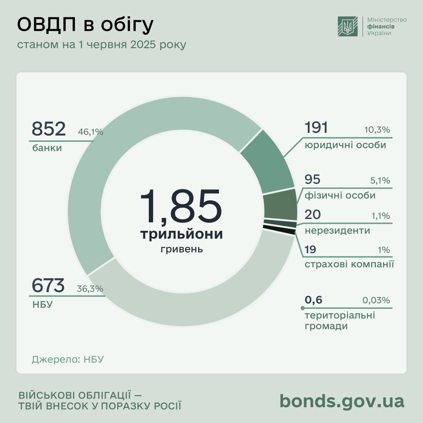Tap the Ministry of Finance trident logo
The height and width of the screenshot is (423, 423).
click(x=348, y=26)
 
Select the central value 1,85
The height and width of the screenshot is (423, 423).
click(x=181, y=207)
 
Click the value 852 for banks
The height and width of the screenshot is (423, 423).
click(x=49, y=129)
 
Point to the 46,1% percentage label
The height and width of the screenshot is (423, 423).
click(x=90, y=132)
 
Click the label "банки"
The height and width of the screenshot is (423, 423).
click(x=47, y=148)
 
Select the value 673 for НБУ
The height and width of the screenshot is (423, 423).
click(x=48, y=285)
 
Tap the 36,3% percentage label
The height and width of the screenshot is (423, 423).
click(x=90, y=289)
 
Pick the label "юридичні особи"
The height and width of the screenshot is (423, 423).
click(x=345, y=145)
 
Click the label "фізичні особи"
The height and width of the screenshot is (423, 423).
click(x=340, y=195)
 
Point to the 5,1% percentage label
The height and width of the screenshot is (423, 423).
click(x=380, y=181)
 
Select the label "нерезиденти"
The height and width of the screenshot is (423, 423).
click(x=337, y=231)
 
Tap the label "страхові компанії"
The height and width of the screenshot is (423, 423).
click(x=349, y=264)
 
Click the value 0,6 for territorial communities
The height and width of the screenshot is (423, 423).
click(x=313, y=300)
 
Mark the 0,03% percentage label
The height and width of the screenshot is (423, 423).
click(x=376, y=300)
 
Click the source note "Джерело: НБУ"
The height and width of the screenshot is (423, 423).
click(x=68, y=360)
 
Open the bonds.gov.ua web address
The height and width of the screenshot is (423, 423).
click(x=342, y=401)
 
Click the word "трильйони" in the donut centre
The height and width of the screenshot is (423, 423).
click(x=182, y=234)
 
